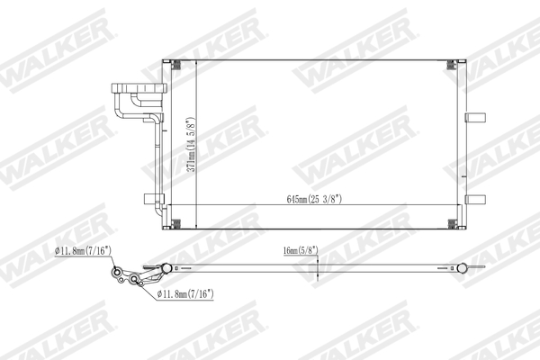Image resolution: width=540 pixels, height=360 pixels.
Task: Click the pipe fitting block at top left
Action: (135, 92)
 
